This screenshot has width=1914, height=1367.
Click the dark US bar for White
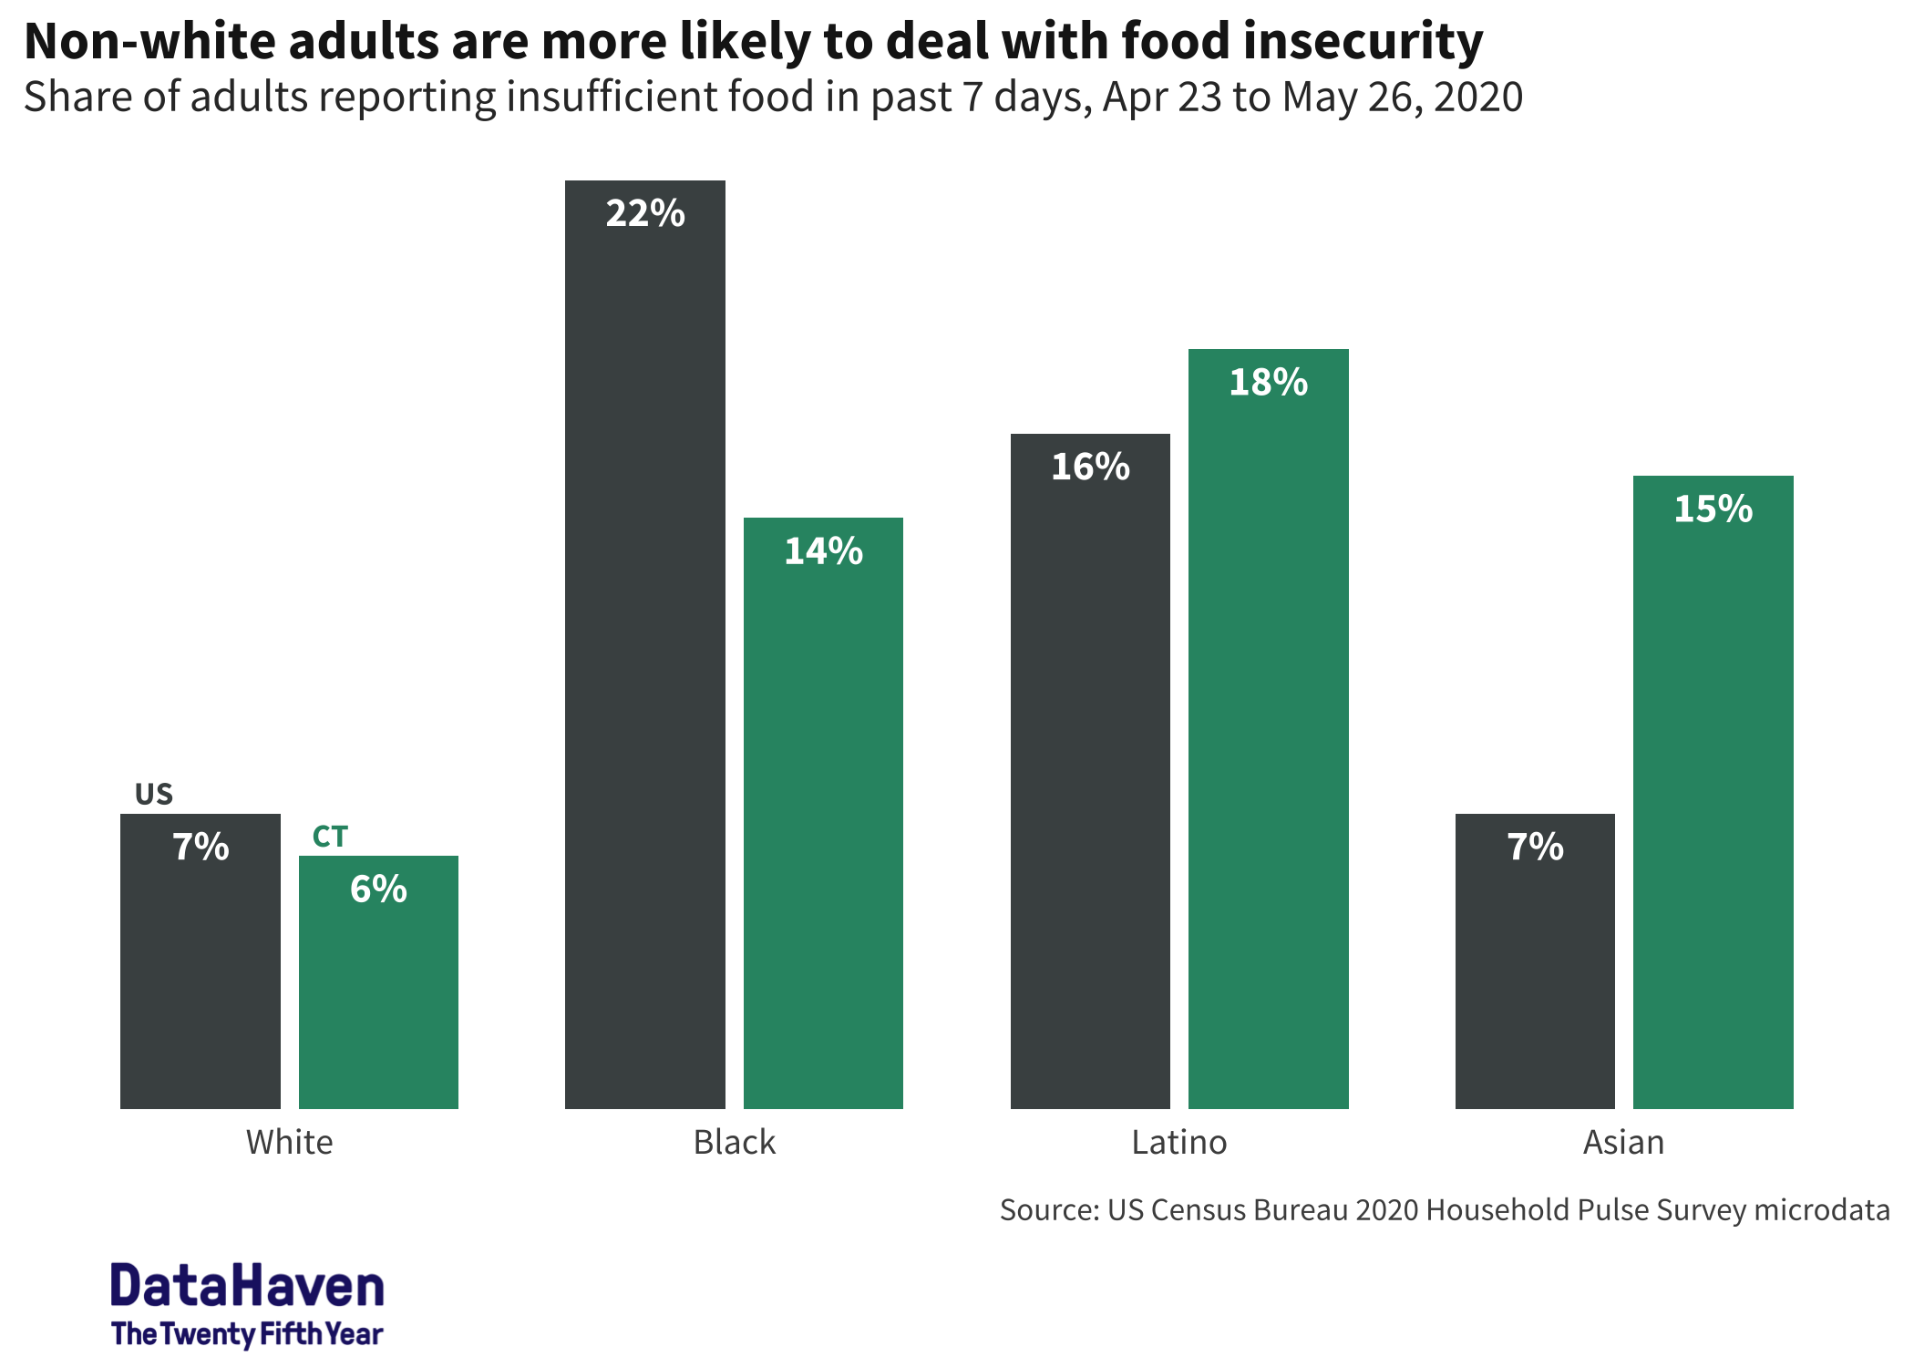[x=200, y=984]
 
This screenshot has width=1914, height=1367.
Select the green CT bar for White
[x=378, y=1002]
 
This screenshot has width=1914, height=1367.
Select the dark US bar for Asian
[x=1535, y=984]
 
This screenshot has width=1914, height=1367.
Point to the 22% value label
[x=645, y=213]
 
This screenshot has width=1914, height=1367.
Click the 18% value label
[x=1268, y=382]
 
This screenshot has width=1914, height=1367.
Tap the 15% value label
[x=1713, y=509]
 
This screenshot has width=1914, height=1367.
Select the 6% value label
[x=378, y=889]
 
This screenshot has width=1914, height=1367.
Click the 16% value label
[x=1090, y=467]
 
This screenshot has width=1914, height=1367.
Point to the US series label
[x=153, y=794]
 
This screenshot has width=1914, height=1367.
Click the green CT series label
[x=330, y=837]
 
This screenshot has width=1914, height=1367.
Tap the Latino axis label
[x=1179, y=1142]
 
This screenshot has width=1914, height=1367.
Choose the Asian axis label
[x=1623, y=1142]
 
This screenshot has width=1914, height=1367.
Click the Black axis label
[x=735, y=1142]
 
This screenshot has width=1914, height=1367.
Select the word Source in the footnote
[x=1048, y=1210]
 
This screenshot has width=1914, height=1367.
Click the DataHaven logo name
[x=247, y=1286]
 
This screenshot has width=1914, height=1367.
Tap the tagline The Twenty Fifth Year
[x=247, y=1334]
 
